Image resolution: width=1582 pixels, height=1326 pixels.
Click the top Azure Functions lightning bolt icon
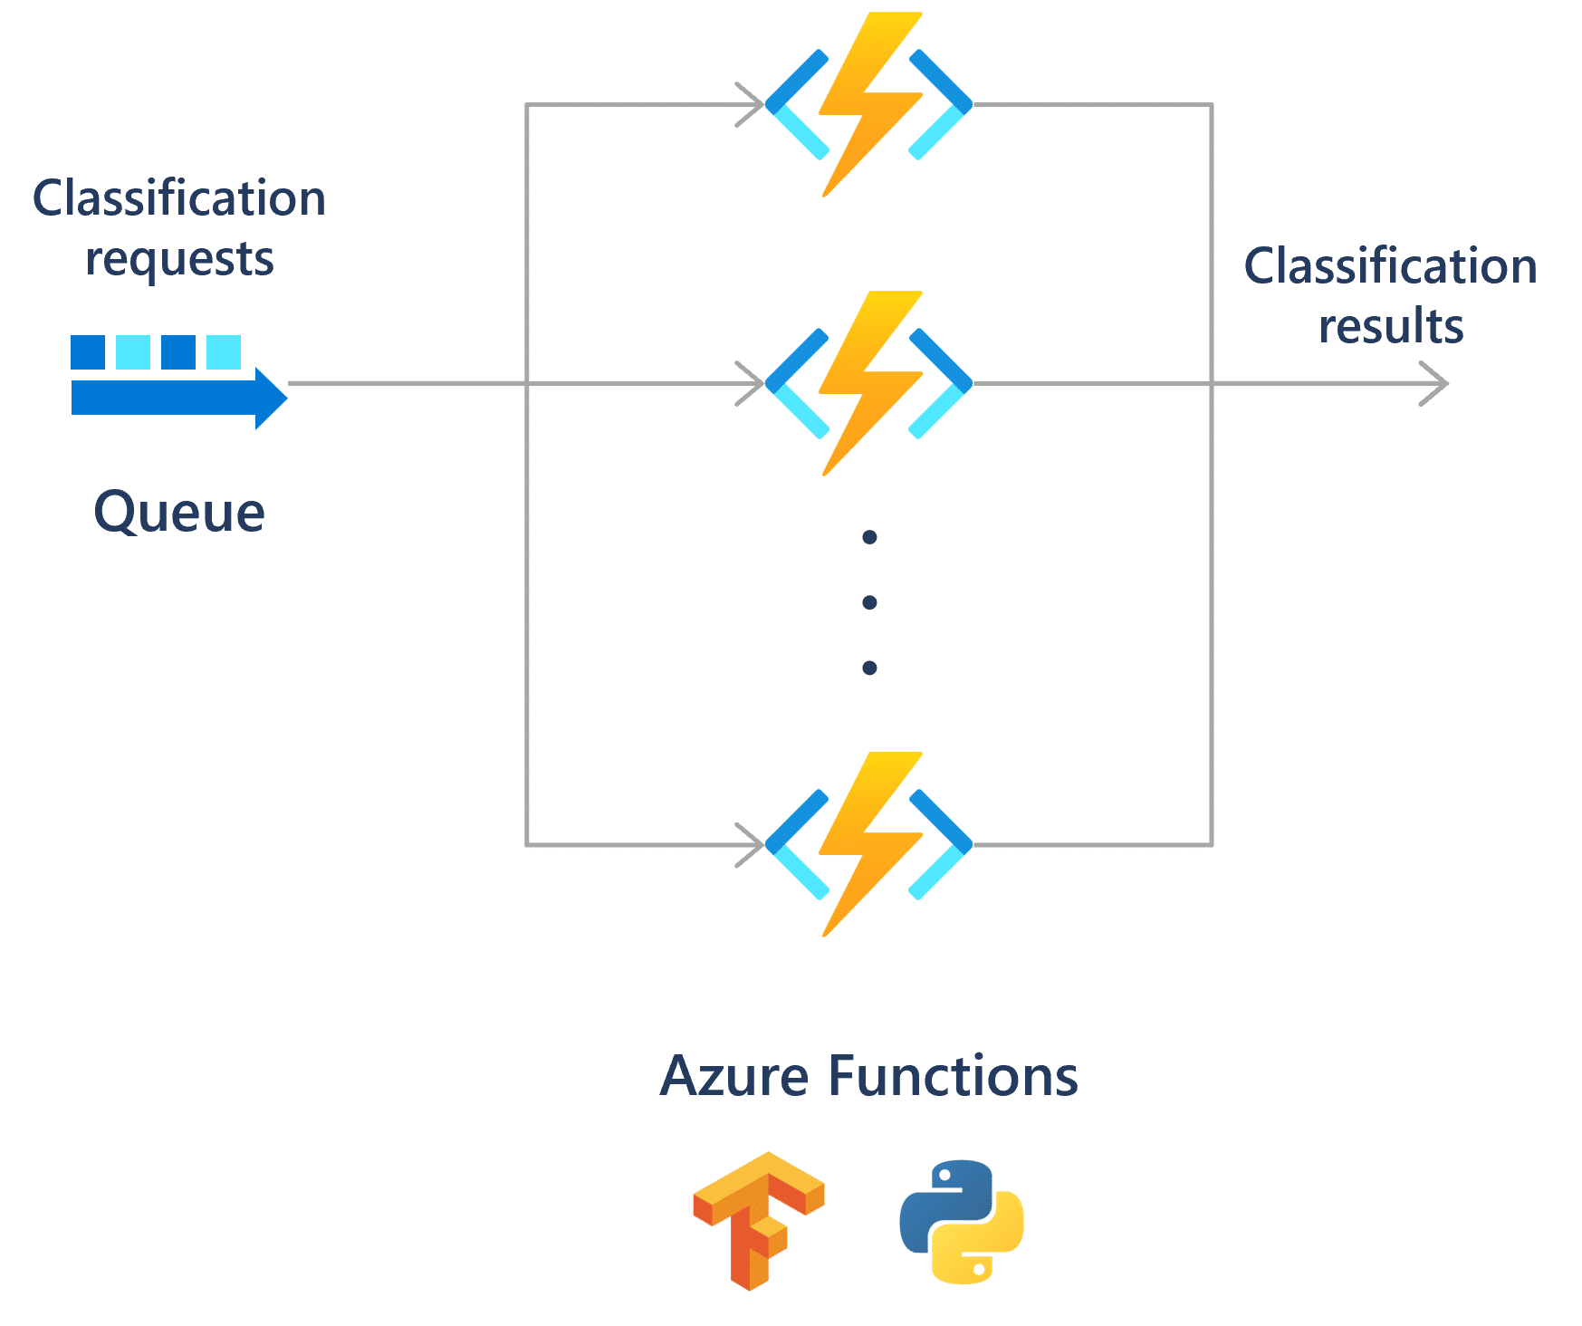pyautogui.click(x=869, y=104)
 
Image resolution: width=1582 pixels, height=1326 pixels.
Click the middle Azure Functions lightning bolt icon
pyautogui.click(x=869, y=383)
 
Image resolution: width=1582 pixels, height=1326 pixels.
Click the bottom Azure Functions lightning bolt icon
pyautogui.click(x=869, y=844)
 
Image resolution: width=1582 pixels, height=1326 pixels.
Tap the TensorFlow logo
pyautogui.click(x=758, y=1219)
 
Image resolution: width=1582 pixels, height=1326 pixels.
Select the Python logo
pyautogui.click(x=962, y=1221)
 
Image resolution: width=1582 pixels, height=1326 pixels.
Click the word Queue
pyautogui.click(x=179, y=514)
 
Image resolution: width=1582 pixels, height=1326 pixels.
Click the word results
pyautogui.click(x=1391, y=326)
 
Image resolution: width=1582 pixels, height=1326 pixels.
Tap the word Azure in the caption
pyautogui.click(x=734, y=1077)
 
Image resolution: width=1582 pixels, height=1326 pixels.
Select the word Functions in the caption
pyautogui.click(x=953, y=1077)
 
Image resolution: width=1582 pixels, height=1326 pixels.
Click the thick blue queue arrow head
pyautogui.click(x=271, y=399)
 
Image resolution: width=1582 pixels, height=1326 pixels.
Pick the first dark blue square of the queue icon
pyautogui.click(x=88, y=351)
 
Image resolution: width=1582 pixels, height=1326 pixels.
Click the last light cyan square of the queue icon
pyautogui.click(x=224, y=351)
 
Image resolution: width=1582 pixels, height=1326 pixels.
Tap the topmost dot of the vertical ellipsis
pyautogui.click(x=869, y=538)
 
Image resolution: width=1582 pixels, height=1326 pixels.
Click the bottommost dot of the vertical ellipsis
pyautogui.click(x=869, y=668)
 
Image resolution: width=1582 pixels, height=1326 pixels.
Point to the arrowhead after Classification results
pyautogui.click(x=1438, y=383)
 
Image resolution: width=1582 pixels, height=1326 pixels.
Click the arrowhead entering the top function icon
pyautogui.click(x=752, y=105)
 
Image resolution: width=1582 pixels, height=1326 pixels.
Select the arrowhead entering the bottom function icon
pyautogui.click(x=752, y=845)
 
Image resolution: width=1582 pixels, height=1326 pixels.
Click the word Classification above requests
pyautogui.click(x=179, y=198)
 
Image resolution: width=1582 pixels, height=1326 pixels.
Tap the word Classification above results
pyautogui.click(x=1391, y=267)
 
